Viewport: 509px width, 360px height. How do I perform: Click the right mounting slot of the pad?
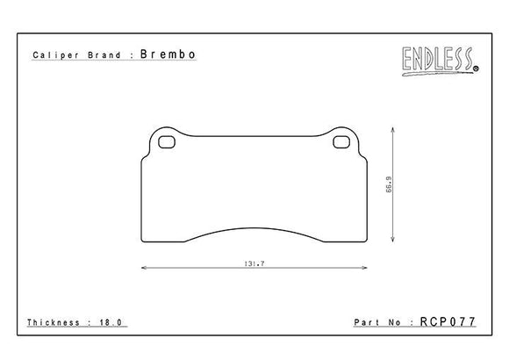tap(341, 143)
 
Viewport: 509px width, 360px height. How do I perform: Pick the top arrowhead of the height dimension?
tap(393, 129)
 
